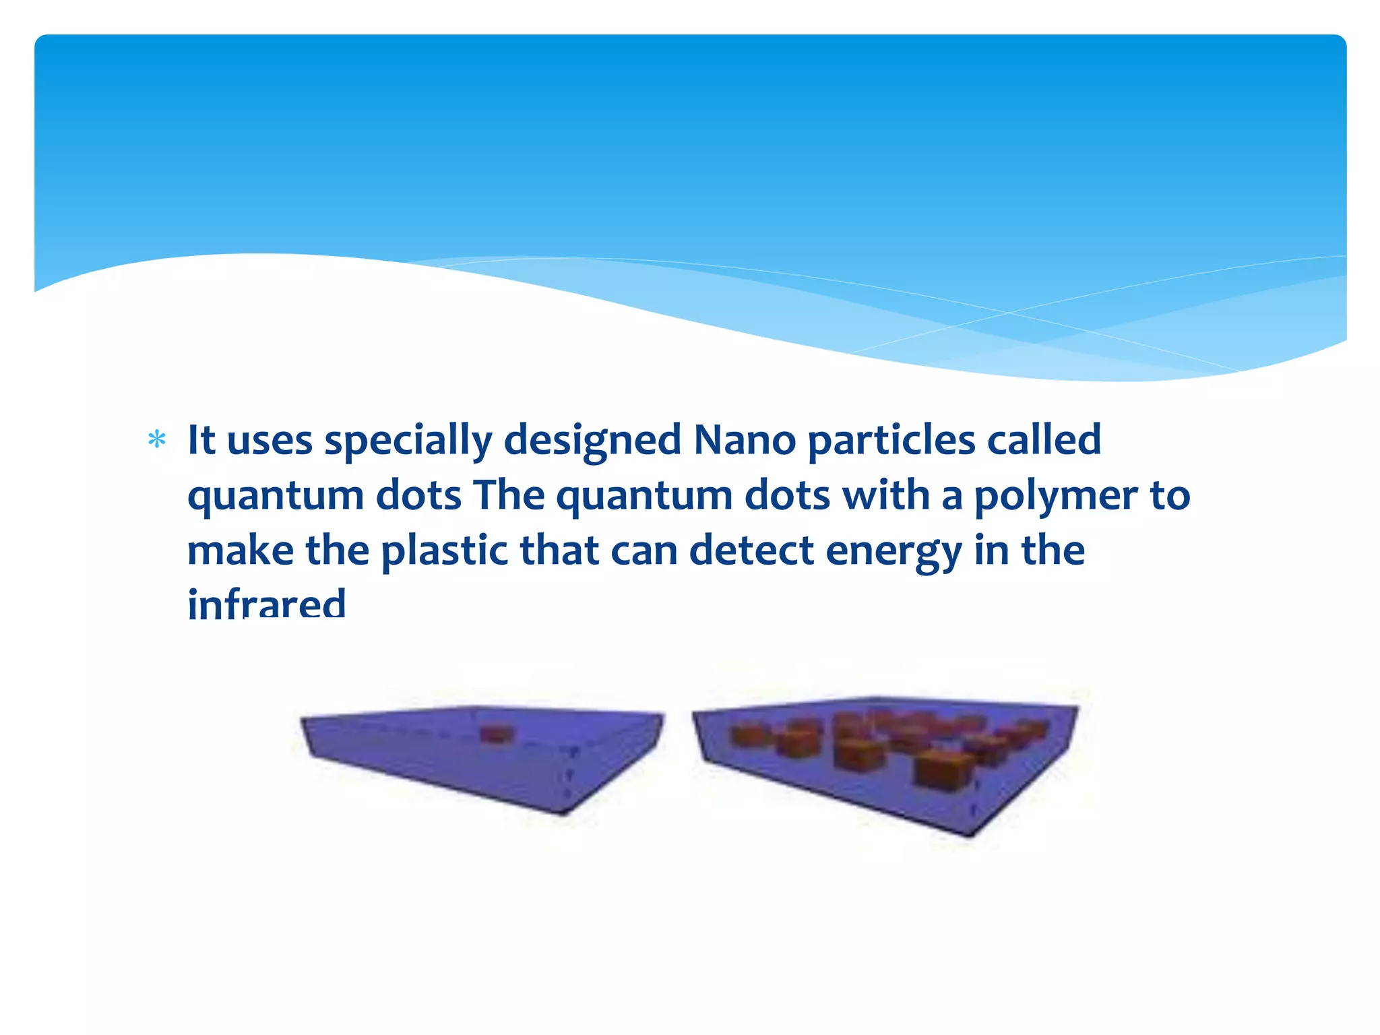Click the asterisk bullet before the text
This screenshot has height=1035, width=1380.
coord(157,440)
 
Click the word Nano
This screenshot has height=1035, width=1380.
coord(745,440)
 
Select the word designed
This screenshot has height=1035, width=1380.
coord(593,441)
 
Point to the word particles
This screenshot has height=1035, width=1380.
coord(891,441)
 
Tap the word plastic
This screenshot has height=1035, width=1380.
coord(445,551)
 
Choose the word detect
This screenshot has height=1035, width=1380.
coord(751,551)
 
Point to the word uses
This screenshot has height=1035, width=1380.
coord(270,441)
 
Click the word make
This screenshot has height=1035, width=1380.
coord(241,551)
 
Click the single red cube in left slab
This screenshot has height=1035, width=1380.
coord(496,734)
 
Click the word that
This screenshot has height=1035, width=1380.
coord(559,551)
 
